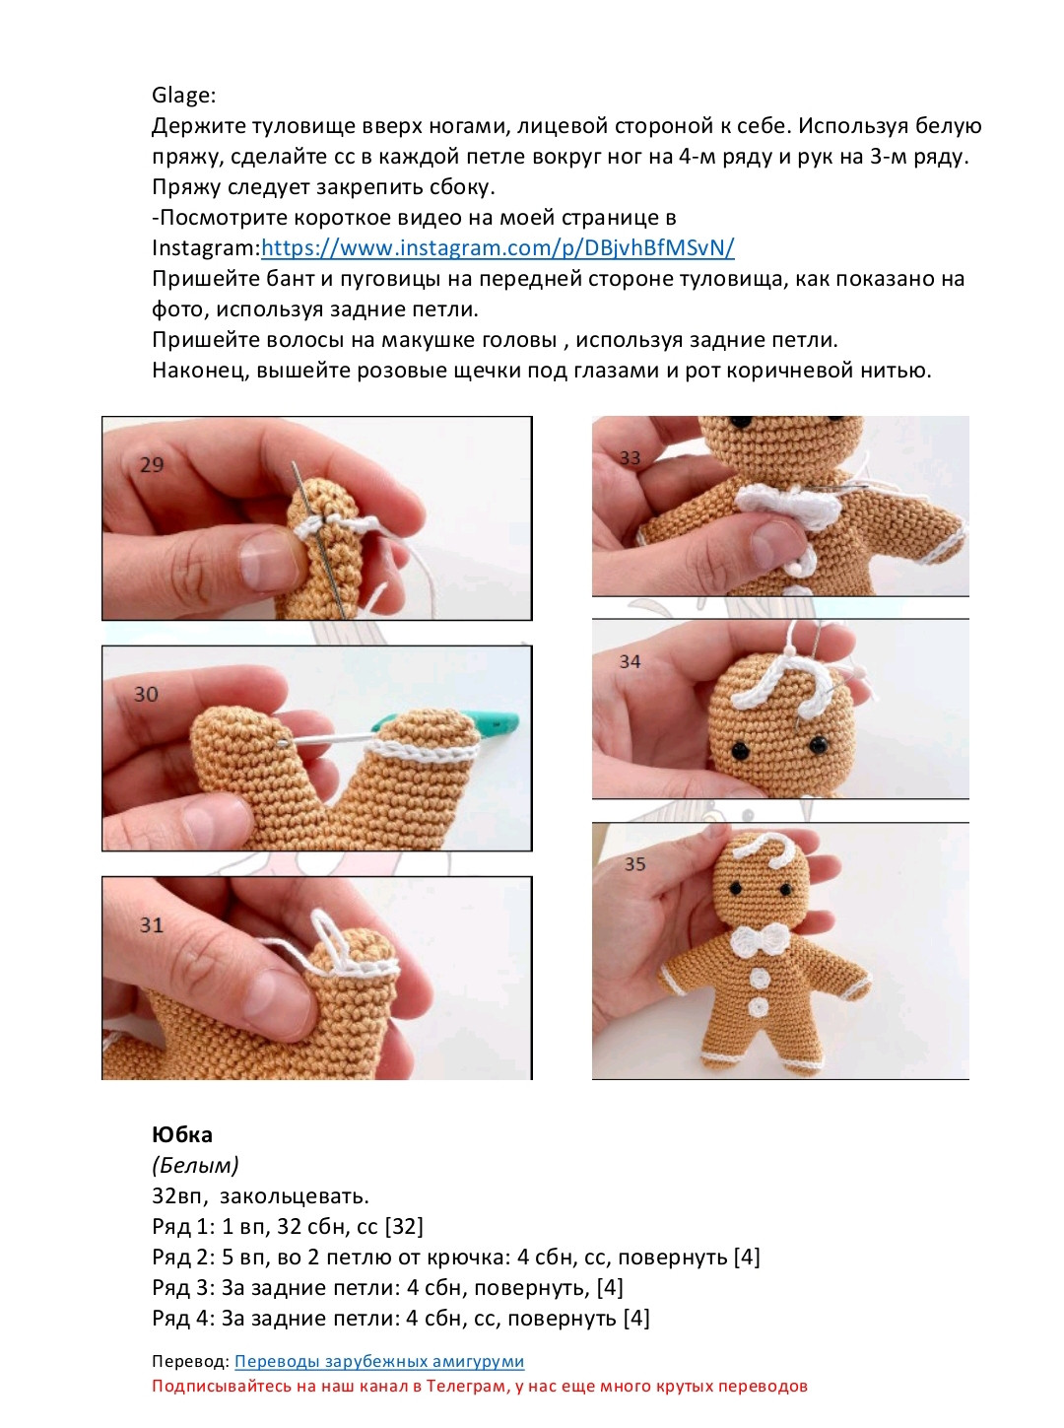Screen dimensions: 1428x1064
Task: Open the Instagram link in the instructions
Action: pos(498,248)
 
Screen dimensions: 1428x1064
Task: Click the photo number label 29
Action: pos(152,465)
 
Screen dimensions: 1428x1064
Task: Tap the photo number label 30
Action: pos(146,695)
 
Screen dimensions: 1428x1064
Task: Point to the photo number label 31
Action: pos(151,925)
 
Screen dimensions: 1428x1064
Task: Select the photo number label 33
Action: pos(630,458)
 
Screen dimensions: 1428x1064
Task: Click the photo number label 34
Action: pos(630,661)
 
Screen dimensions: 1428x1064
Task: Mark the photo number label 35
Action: pos(634,864)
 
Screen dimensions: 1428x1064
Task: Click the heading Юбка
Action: pos(182,1134)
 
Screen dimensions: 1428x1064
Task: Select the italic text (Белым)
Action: pos(195,1166)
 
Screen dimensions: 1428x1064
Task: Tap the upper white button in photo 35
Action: pos(760,978)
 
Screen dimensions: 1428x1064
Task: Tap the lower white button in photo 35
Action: pos(759,1008)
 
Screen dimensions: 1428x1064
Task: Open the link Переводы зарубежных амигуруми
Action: pos(378,1362)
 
